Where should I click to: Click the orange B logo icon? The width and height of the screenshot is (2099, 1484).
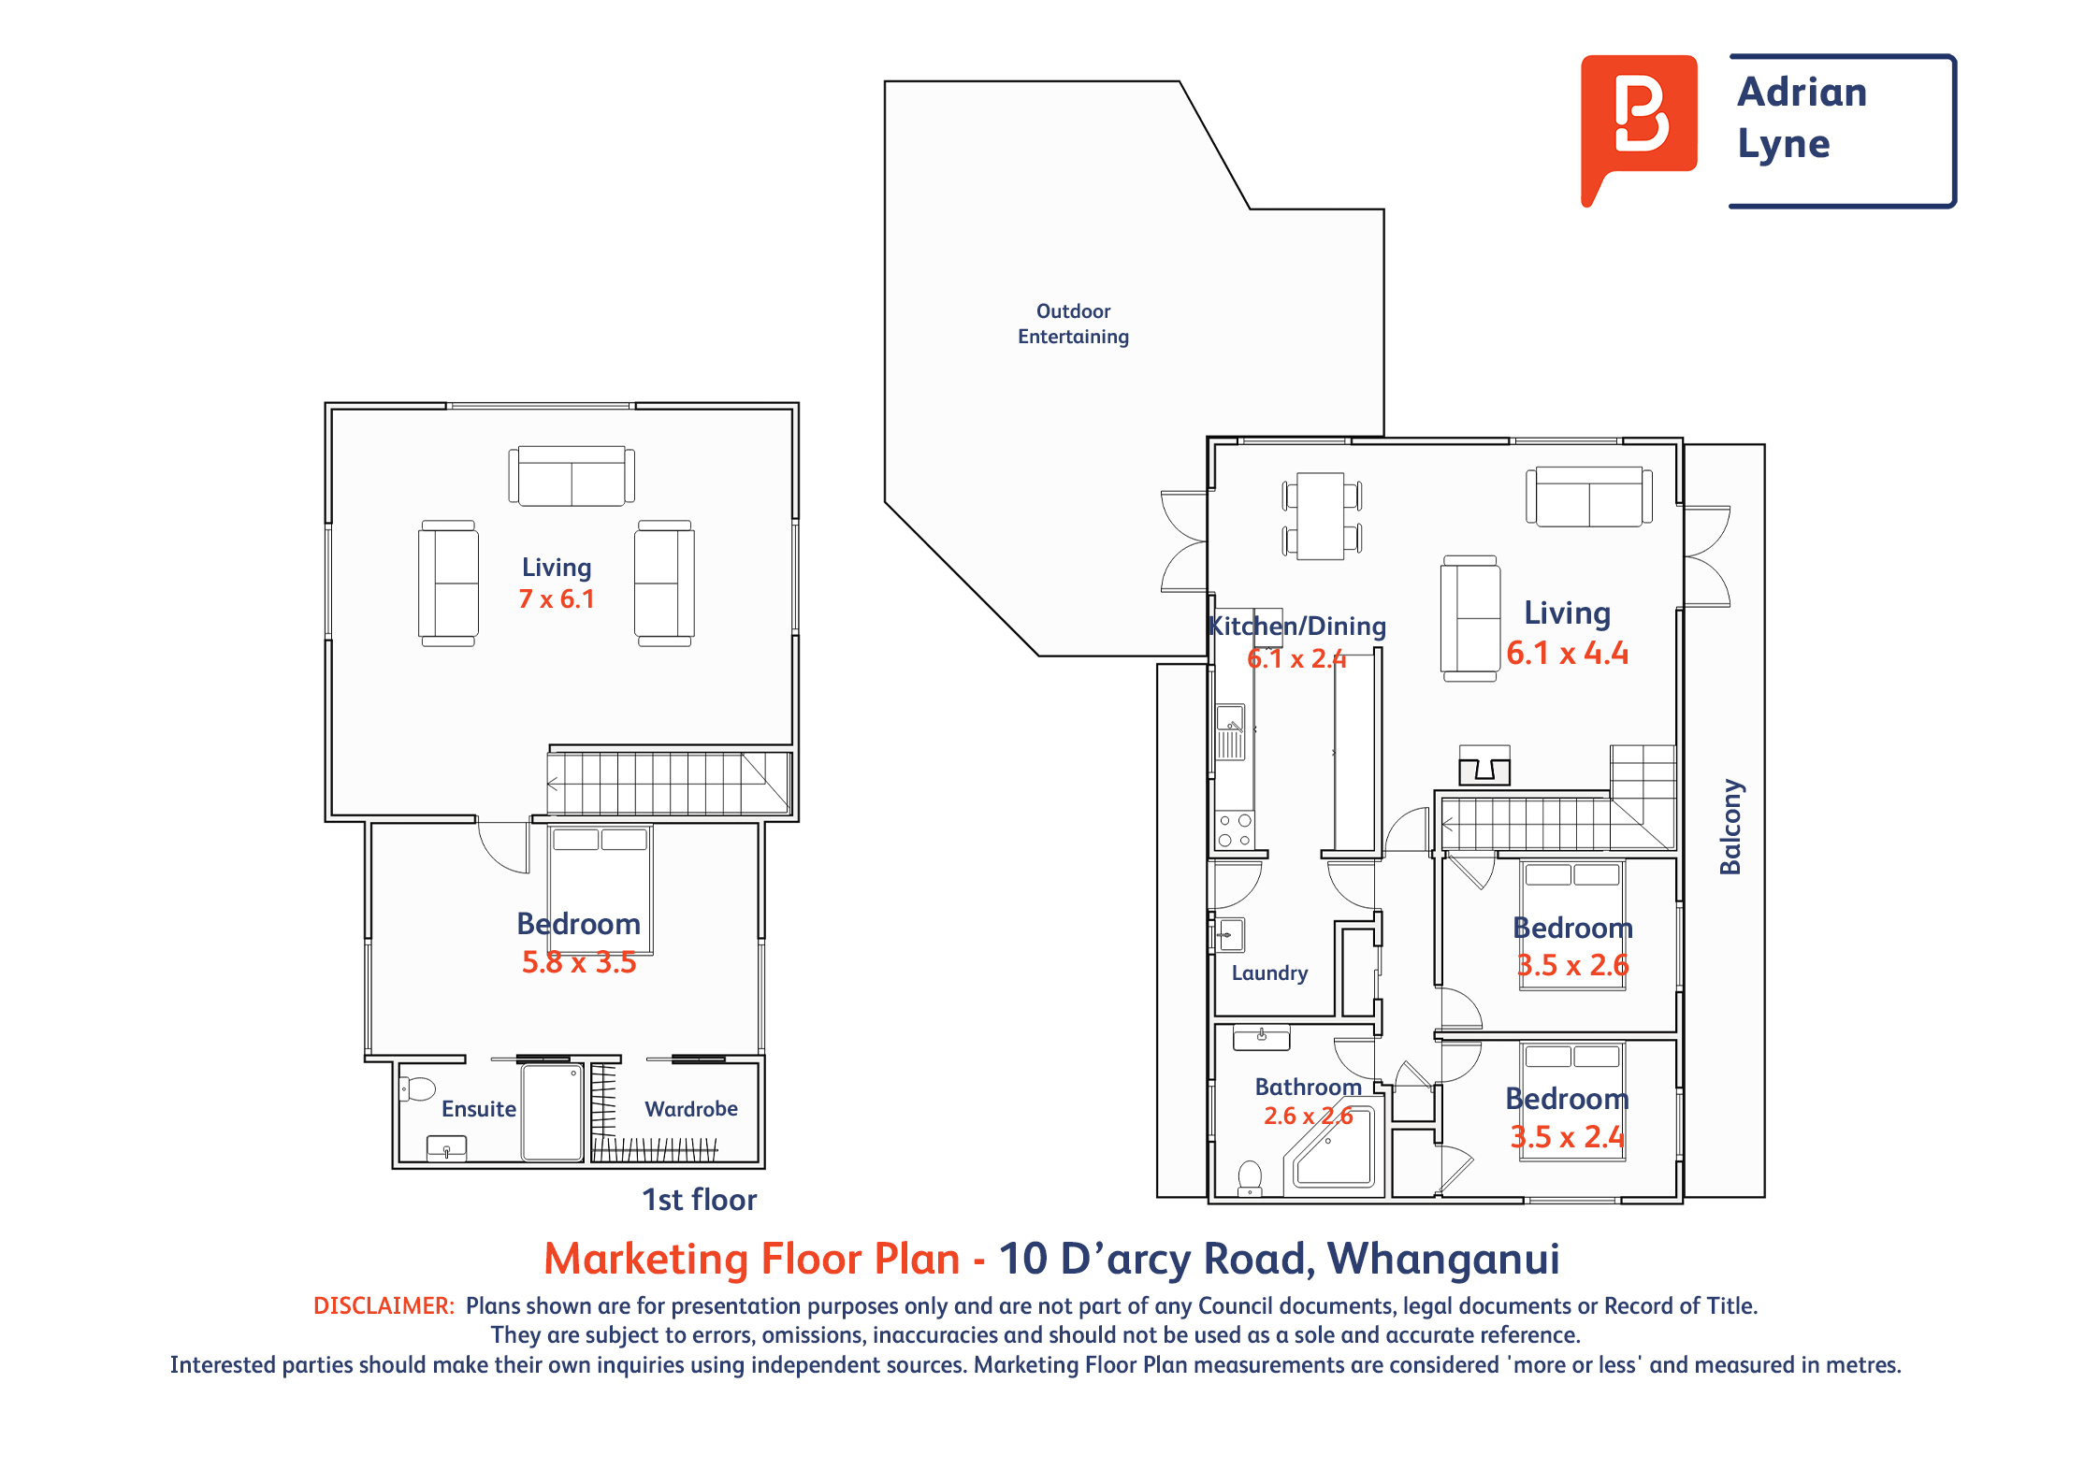pos(1639,122)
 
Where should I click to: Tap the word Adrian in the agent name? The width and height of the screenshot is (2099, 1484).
pos(1802,92)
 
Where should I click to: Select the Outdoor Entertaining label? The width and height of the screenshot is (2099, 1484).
pos(1073,324)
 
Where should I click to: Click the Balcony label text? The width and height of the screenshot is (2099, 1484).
pos(1730,827)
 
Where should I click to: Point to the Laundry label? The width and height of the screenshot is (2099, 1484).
pos(1269,973)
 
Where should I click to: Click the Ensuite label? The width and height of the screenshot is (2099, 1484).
pos(479,1109)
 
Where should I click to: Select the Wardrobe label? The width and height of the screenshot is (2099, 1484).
pos(691,1109)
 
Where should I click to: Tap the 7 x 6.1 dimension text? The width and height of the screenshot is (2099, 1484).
pos(557,598)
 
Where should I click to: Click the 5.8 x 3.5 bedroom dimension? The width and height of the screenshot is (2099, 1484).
pos(579,962)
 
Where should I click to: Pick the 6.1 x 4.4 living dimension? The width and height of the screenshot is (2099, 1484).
pos(1568,653)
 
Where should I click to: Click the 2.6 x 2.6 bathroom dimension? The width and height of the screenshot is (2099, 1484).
pos(1309,1116)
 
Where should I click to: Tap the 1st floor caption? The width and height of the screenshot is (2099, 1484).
pos(699,1200)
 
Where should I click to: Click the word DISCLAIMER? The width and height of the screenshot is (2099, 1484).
pos(384,1305)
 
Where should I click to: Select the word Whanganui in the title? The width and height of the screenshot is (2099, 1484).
pos(1443,1259)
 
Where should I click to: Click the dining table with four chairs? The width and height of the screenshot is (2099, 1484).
pos(1322,516)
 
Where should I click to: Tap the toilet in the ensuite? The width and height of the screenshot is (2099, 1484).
pos(417,1089)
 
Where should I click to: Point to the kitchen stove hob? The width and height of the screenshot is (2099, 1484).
pos(1235,830)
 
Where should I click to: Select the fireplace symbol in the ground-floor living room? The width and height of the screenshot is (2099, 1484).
pos(1484,766)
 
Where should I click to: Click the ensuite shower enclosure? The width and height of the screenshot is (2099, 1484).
pos(553,1113)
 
